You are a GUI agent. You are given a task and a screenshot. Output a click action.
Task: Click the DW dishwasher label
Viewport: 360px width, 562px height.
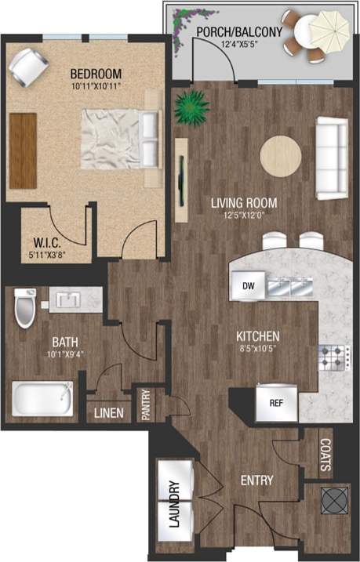click(x=248, y=286)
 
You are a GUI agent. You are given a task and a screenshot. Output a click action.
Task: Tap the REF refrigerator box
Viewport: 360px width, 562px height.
click(x=275, y=404)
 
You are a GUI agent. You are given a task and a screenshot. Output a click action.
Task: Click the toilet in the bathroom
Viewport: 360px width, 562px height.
click(x=26, y=309)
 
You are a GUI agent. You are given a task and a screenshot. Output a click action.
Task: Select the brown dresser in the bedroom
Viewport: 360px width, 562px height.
click(x=24, y=139)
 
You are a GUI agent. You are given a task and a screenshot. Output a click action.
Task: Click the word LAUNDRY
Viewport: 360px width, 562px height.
click(x=173, y=505)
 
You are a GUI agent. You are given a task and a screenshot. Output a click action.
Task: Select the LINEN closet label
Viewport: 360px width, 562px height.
click(x=107, y=413)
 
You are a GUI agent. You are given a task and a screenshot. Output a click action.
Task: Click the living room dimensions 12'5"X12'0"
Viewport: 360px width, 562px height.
click(x=243, y=214)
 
